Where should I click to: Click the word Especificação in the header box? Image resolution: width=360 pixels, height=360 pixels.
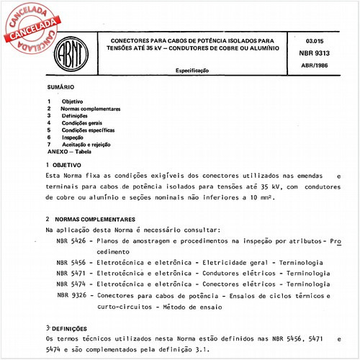[x=192, y=71]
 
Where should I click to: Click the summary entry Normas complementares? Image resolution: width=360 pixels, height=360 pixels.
[x=90, y=108]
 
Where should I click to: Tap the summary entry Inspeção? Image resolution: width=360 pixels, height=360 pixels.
[x=73, y=137]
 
